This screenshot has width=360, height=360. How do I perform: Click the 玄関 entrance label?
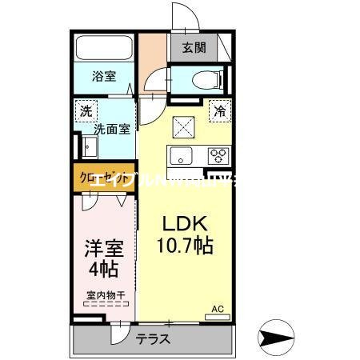(193, 47)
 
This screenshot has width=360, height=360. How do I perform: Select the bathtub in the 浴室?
(104, 49)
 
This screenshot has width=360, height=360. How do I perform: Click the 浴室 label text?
(103, 77)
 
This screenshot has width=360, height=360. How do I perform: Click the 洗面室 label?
(112, 128)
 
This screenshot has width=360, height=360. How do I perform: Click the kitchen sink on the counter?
(178, 154)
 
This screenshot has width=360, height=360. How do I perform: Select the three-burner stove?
(218, 155)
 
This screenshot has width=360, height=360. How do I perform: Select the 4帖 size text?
(103, 270)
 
